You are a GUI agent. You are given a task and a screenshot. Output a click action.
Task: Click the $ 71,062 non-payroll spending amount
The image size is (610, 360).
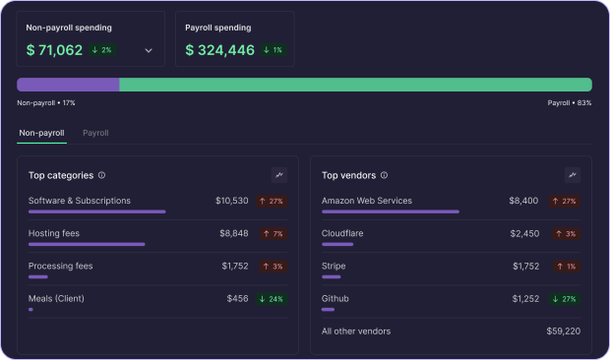click(54, 50)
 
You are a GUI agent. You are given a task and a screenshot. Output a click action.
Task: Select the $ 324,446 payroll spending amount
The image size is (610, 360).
click(219, 50)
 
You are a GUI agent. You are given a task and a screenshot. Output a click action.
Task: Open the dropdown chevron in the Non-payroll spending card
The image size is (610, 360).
click(149, 50)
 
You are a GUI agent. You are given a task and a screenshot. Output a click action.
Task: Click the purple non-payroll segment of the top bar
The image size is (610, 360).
click(68, 85)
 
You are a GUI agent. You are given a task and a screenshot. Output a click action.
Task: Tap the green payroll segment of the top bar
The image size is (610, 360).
click(355, 85)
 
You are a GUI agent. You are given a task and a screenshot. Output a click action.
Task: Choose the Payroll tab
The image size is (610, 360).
click(95, 132)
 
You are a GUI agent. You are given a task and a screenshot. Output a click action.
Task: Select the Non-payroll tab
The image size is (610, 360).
click(41, 132)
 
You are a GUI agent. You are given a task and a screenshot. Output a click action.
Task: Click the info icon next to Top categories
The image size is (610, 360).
click(102, 175)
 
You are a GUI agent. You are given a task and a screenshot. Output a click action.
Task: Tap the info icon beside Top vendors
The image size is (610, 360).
click(384, 175)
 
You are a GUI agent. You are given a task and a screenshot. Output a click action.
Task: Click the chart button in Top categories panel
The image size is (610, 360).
click(279, 175)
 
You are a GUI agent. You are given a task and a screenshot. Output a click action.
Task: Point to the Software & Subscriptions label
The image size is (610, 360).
click(80, 201)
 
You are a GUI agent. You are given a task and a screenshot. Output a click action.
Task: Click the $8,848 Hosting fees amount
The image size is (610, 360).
click(233, 233)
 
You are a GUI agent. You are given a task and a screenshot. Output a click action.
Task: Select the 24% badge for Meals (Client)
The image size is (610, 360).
click(271, 298)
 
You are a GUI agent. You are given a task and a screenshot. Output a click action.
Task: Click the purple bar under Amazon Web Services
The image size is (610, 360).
click(391, 211)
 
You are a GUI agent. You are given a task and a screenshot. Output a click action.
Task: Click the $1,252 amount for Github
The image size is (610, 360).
click(525, 298)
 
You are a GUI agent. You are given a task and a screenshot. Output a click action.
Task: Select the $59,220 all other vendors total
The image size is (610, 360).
click(563, 330)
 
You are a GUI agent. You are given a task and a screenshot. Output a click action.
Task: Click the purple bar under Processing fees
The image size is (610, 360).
click(38, 276)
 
